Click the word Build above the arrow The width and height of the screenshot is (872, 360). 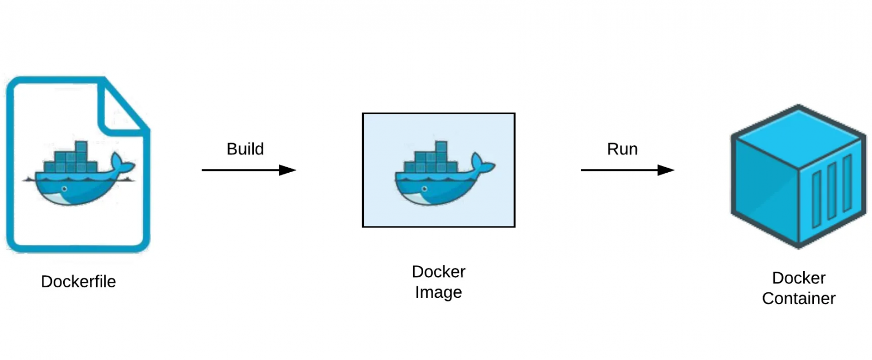[x=245, y=149]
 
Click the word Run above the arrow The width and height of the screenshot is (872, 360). [x=622, y=149]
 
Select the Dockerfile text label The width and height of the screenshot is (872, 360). [x=78, y=281]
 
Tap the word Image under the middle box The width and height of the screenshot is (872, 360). [x=438, y=292]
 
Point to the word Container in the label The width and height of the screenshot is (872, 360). [x=798, y=299]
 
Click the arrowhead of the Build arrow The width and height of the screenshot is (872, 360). [x=287, y=170]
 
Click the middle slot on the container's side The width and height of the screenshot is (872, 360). [x=831, y=193]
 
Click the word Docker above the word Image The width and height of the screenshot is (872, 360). [x=438, y=272]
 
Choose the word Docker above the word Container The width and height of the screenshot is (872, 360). [x=798, y=278]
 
